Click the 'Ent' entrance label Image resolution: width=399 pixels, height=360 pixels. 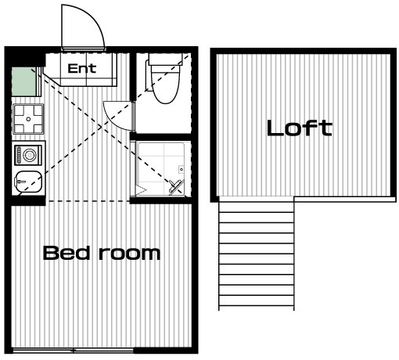pos(82,69)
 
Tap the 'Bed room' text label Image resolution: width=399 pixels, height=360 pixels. pos(102,253)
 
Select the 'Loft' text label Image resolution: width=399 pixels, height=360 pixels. pos(300,128)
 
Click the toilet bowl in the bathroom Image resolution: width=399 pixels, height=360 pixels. pos(166,84)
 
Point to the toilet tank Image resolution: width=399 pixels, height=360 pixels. pos(165,59)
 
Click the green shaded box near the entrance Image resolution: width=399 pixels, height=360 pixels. pos(23,81)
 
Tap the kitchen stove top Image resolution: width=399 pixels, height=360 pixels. pos(28,119)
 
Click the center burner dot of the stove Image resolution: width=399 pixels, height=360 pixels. pos(28,119)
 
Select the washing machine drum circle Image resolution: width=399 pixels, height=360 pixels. pos(30,155)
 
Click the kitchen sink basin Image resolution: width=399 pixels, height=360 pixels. pos(28,182)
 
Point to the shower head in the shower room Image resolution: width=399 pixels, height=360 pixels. pos(175,185)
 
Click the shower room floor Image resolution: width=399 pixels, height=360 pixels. pos(161,169)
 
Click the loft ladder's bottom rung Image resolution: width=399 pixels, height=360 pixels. pos(257,305)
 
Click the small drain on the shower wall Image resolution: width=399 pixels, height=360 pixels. pos(182,170)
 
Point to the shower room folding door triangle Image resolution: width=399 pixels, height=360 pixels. pos(141,190)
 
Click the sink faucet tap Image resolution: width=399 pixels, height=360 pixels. pos(20,181)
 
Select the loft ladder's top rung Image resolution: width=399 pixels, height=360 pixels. pos(257,212)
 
